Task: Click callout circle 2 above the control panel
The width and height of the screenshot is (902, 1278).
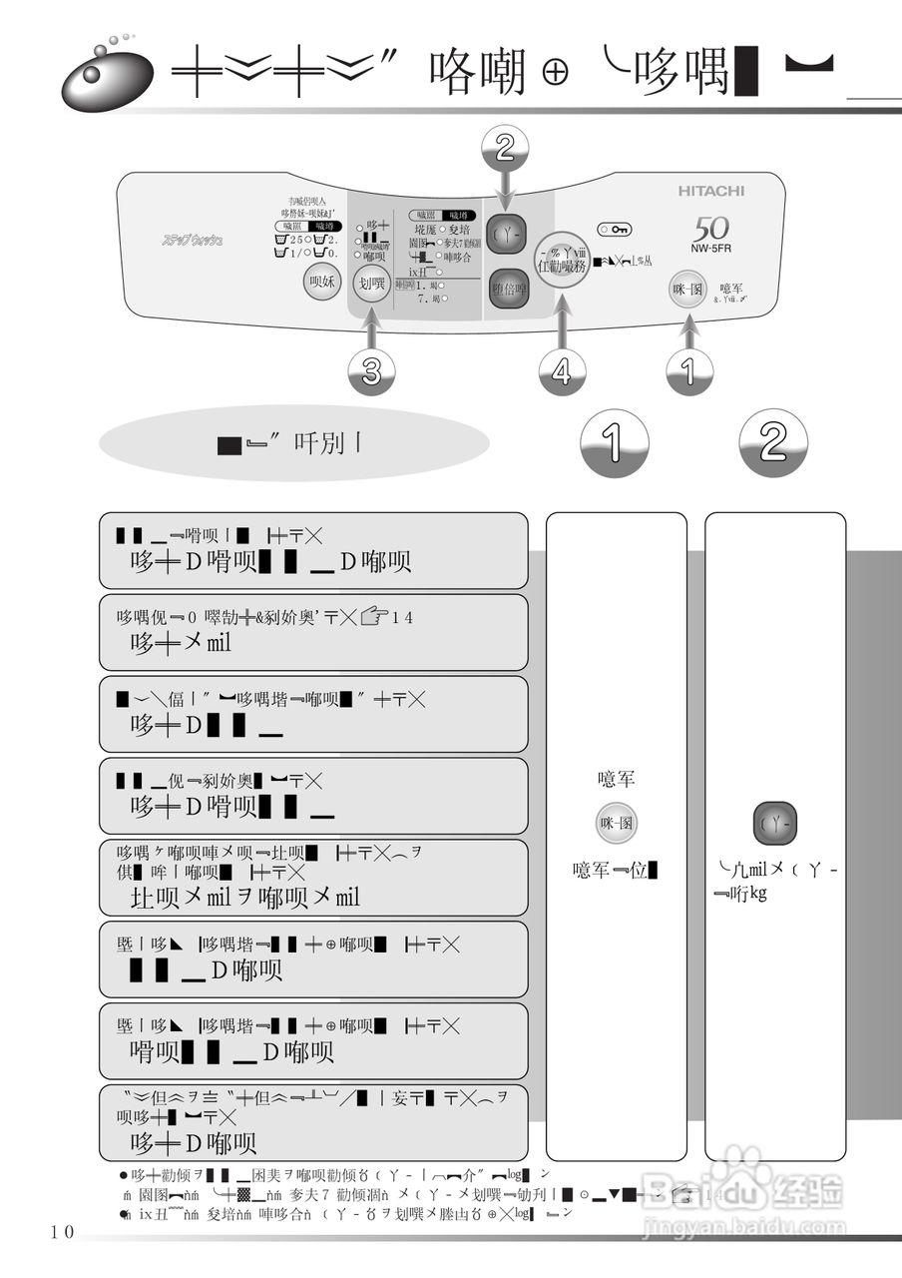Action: tap(505, 149)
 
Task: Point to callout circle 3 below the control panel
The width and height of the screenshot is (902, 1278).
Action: tap(371, 372)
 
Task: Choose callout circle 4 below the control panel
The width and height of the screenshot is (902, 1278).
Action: tap(562, 372)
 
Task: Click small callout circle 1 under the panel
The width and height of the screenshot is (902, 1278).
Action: tap(688, 372)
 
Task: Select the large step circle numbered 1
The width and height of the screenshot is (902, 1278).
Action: tap(614, 443)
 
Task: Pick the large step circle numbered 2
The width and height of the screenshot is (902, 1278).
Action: tap(773, 443)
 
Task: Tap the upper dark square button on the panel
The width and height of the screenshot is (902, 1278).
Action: tap(505, 235)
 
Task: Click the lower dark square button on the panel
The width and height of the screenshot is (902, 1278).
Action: tap(509, 288)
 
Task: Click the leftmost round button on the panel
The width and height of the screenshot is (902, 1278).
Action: tap(322, 283)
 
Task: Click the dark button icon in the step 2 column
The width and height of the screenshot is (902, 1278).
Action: tap(774, 823)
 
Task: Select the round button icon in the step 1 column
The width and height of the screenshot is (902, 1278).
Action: tap(616, 823)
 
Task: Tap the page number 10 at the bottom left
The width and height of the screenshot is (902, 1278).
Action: tap(62, 1232)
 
